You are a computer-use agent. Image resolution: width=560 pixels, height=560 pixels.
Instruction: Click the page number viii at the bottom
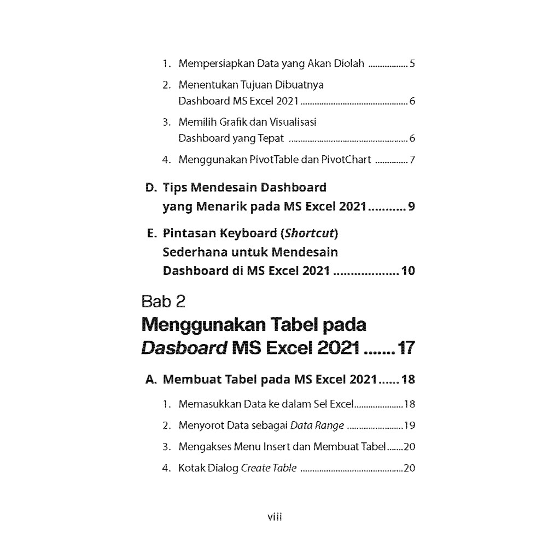pyautogui.click(x=274, y=517)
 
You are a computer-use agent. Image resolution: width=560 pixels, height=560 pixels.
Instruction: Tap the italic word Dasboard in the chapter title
pyautogui.click(x=183, y=348)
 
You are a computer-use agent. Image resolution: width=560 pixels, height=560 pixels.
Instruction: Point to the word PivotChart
pyautogui.click(x=344, y=160)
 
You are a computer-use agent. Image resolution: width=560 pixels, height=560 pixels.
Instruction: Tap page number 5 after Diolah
pyautogui.click(x=412, y=63)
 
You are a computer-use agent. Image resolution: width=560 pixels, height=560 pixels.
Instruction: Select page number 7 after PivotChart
pyautogui.click(x=412, y=160)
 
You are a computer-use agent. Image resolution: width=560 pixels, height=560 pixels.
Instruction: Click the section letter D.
pyautogui.click(x=151, y=188)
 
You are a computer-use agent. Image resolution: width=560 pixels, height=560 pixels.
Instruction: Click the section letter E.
pyautogui.click(x=151, y=234)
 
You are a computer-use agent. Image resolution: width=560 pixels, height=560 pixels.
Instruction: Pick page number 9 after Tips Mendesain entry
pyautogui.click(x=411, y=207)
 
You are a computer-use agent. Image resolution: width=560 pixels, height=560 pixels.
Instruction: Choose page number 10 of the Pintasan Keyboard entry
pyautogui.click(x=408, y=271)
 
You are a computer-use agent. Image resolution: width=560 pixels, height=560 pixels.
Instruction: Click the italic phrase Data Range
pyautogui.click(x=317, y=425)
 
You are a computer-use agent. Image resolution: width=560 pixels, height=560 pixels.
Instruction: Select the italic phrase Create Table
pyautogui.click(x=269, y=468)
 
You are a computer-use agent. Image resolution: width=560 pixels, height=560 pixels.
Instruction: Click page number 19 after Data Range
pyautogui.click(x=410, y=425)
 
